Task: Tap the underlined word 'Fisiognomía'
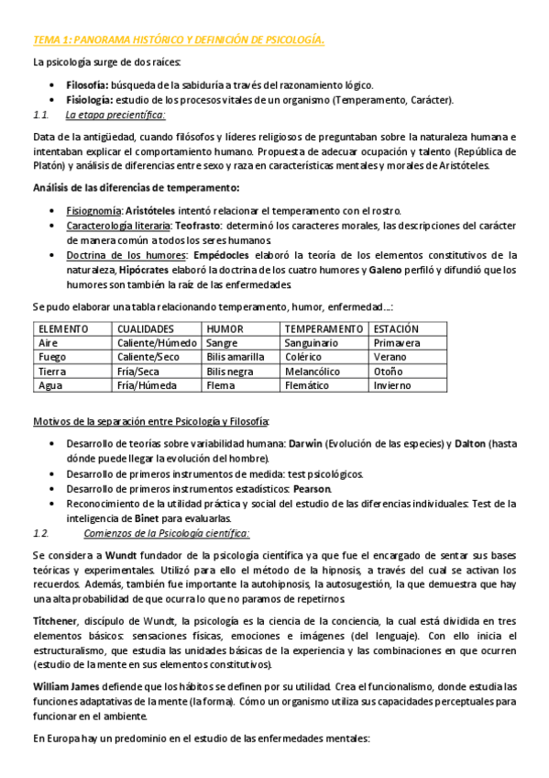[x=94, y=209]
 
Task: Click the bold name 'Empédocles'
[x=225, y=255]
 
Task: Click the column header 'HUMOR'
[x=225, y=328]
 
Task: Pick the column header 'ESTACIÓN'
[x=396, y=328]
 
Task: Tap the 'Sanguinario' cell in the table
[x=312, y=343]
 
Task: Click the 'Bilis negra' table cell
[x=230, y=372]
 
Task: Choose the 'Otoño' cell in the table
[x=388, y=372]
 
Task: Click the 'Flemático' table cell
[x=307, y=386]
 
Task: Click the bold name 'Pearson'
[x=311, y=488]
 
